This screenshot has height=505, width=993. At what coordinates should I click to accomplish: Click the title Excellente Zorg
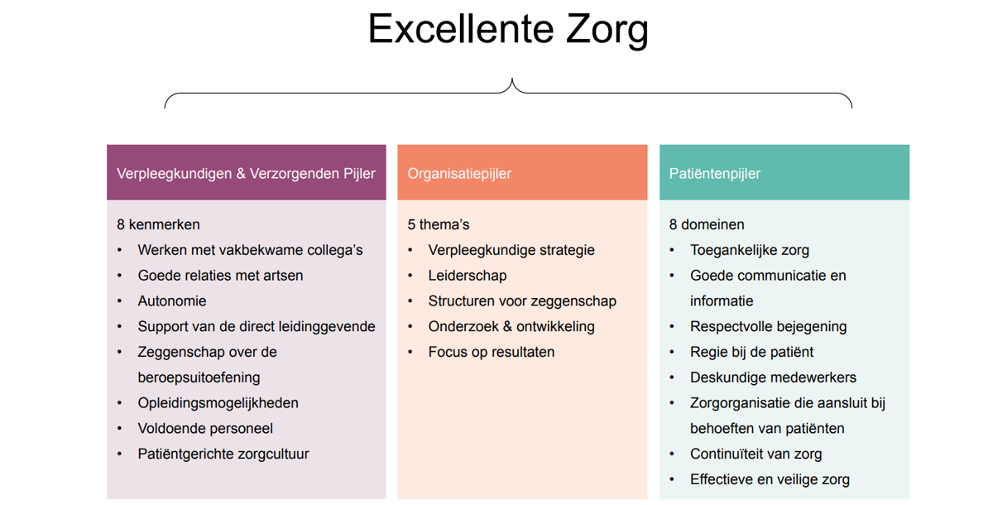point(508,30)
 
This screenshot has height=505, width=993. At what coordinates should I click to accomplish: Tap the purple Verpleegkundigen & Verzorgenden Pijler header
point(246,172)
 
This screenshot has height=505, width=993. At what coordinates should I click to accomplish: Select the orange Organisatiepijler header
point(522,172)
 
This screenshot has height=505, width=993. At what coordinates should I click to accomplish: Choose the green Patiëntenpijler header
point(784,172)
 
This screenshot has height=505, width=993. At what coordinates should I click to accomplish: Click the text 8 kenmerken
point(158,224)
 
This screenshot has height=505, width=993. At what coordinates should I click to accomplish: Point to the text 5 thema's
point(439,224)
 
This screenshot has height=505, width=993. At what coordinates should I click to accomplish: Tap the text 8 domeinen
point(707,224)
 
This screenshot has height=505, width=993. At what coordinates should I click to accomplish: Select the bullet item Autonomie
point(172,301)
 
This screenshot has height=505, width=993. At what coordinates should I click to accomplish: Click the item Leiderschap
point(468,276)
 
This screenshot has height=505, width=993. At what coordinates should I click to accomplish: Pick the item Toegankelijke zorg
point(750,250)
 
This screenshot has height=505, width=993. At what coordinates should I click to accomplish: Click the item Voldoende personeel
point(205,428)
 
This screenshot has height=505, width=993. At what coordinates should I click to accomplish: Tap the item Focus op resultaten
point(492,352)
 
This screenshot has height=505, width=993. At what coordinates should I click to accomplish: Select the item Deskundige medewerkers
point(773,378)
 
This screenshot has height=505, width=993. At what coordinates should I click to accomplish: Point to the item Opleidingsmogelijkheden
point(218,403)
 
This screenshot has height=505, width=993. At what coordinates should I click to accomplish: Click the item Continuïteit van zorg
point(756,454)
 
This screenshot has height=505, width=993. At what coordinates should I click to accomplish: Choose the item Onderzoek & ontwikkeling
point(511,327)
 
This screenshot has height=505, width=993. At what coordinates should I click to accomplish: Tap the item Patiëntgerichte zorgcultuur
point(223,454)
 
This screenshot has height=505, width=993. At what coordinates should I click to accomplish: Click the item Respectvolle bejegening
point(768,327)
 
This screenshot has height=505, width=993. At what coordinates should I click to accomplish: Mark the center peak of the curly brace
point(512,79)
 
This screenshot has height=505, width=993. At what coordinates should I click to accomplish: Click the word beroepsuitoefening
point(199,378)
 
